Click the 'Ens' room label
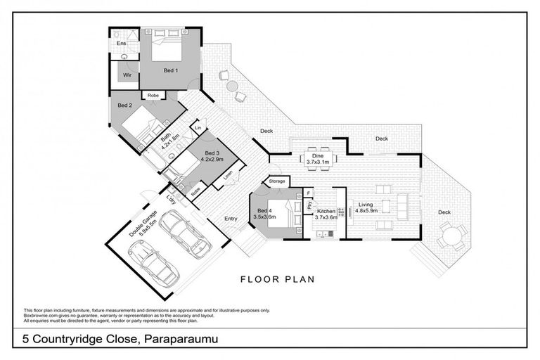pos(121,44)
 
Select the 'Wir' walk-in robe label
pos(127,75)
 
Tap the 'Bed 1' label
pos(171,70)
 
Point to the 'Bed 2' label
pos(124,105)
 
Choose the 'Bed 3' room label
pos(212,153)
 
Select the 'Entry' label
pos(231,219)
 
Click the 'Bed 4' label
pos(264,210)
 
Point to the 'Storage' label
pos(277,181)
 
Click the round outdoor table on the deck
pos(451,236)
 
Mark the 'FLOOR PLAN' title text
pos(277,279)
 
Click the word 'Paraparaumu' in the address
pos(182,340)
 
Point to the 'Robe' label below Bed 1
pos(153,95)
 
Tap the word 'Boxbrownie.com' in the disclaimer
pos(41,315)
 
